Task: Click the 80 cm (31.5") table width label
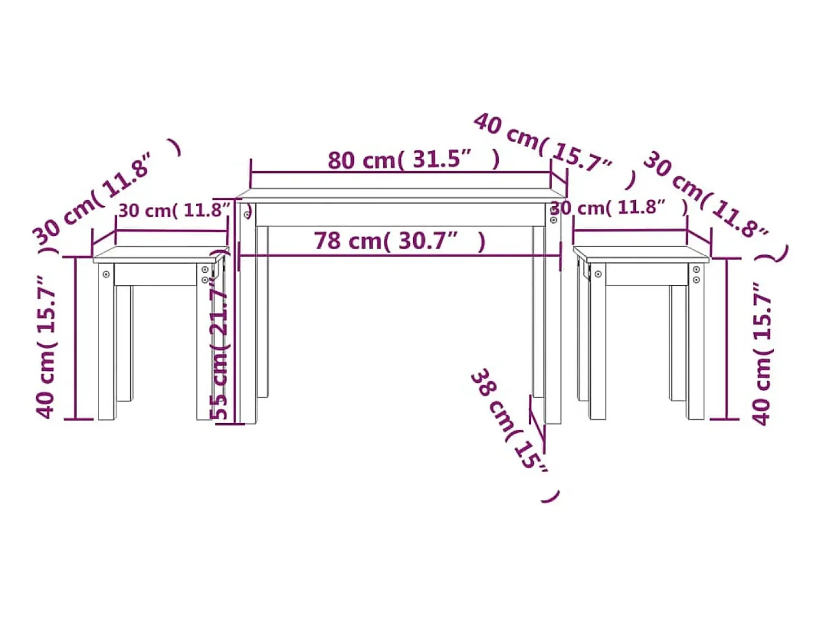point(414,159)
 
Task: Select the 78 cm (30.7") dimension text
point(400,241)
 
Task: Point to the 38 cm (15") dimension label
point(515,434)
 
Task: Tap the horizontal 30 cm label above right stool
point(620,207)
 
